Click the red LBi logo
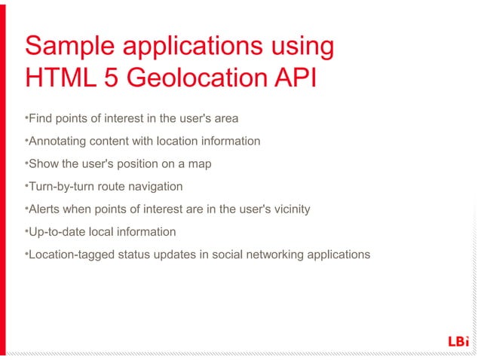(x=458, y=341)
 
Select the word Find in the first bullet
(x=39, y=118)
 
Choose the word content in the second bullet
(x=111, y=141)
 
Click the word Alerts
(x=44, y=209)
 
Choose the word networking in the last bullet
(x=272, y=254)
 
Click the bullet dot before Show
(x=26, y=162)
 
